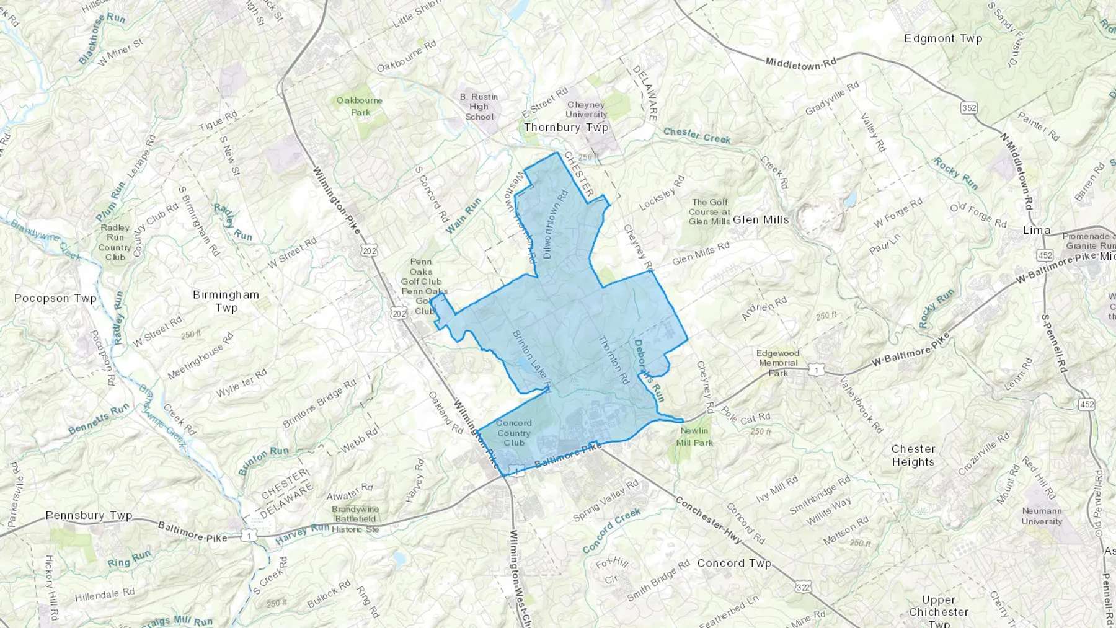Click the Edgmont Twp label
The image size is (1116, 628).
(943, 38)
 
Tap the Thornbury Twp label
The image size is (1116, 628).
(565, 128)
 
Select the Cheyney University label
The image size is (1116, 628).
(586, 110)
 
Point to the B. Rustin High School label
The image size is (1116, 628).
(479, 107)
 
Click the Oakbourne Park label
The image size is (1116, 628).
(359, 106)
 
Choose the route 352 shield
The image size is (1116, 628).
(968, 108)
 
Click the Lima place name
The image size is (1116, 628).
(1036, 231)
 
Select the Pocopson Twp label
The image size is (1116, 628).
(55, 298)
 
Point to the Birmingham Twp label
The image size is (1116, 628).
(226, 301)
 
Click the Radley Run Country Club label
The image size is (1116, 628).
(115, 242)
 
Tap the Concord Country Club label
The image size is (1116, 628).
(514, 433)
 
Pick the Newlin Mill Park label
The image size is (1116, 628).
(695, 436)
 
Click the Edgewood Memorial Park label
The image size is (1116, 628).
(778, 363)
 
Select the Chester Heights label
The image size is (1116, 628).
(913, 455)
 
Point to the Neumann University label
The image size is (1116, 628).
(1042, 516)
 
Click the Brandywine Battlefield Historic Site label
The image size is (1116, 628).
(355, 519)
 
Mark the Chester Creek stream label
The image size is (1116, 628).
(696, 135)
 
